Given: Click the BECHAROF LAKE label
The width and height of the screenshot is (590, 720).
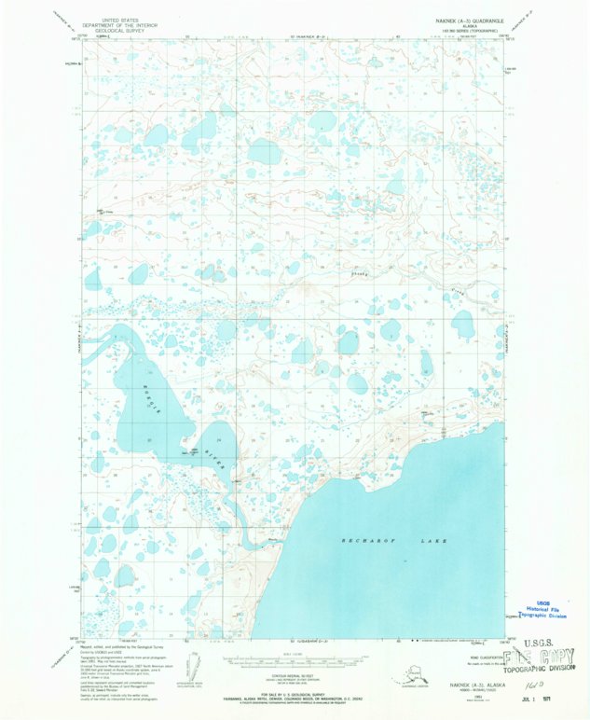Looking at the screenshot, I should pos(394,541).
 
